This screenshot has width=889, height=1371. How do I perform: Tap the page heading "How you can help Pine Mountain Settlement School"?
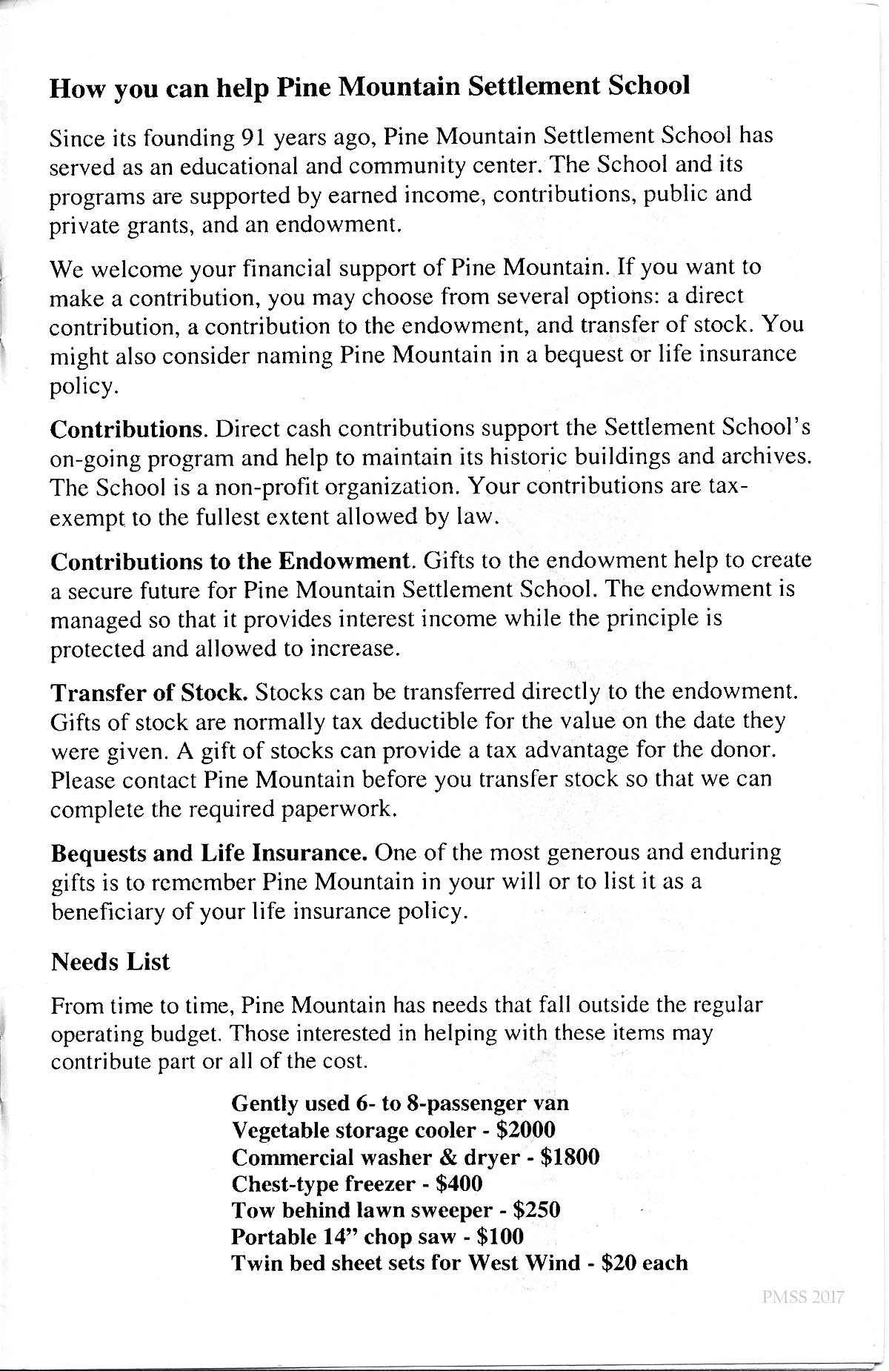click(370, 87)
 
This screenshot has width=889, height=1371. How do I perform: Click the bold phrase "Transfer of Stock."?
click(148, 693)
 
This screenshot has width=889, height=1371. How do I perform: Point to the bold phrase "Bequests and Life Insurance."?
click(209, 853)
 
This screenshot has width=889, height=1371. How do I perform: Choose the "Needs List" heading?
click(110, 962)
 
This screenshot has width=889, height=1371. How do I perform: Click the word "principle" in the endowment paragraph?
click(652, 619)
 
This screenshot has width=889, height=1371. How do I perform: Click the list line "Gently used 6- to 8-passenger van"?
click(400, 1103)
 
